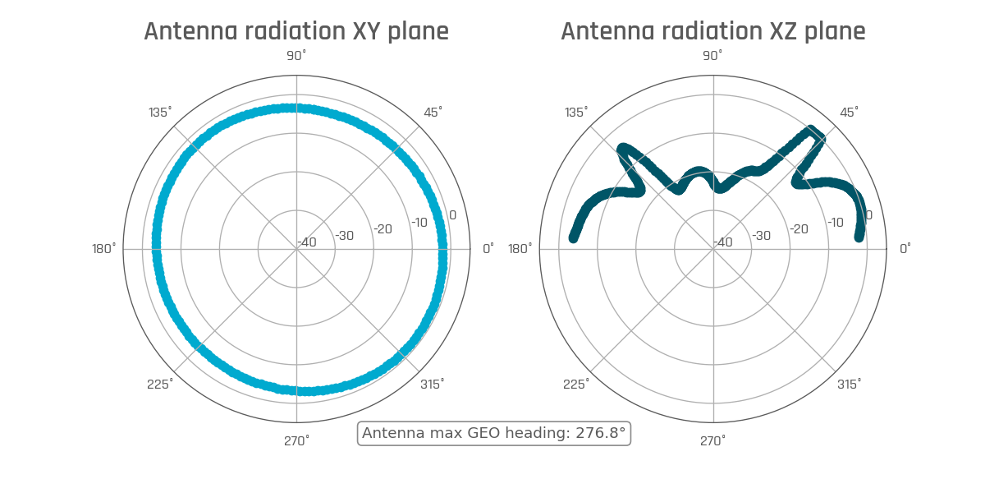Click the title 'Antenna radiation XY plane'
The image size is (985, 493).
point(296,31)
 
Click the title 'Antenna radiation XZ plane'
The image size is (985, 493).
point(712,31)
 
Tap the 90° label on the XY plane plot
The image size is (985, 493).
point(296,55)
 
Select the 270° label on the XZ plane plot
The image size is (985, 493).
point(712,441)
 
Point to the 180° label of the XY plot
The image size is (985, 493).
point(103,248)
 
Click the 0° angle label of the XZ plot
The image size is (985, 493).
point(905,248)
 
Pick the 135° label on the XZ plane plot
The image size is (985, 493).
point(576,112)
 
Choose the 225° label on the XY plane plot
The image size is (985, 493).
point(160,385)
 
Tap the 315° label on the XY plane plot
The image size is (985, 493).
point(433,385)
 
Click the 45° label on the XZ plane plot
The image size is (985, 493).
point(849,112)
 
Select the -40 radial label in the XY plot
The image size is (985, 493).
point(307,242)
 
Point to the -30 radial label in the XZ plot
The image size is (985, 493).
point(761,236)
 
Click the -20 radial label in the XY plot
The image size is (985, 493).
point(383,229)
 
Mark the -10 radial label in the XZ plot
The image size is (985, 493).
point(835,223)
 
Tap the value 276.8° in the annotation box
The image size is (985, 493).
point(597,433)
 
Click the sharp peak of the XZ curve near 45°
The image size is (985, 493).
point(812,130)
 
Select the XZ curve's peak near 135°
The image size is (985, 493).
point(623,149)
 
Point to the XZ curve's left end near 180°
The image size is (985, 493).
point(574,238)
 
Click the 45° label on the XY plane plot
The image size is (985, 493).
point(433,112)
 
